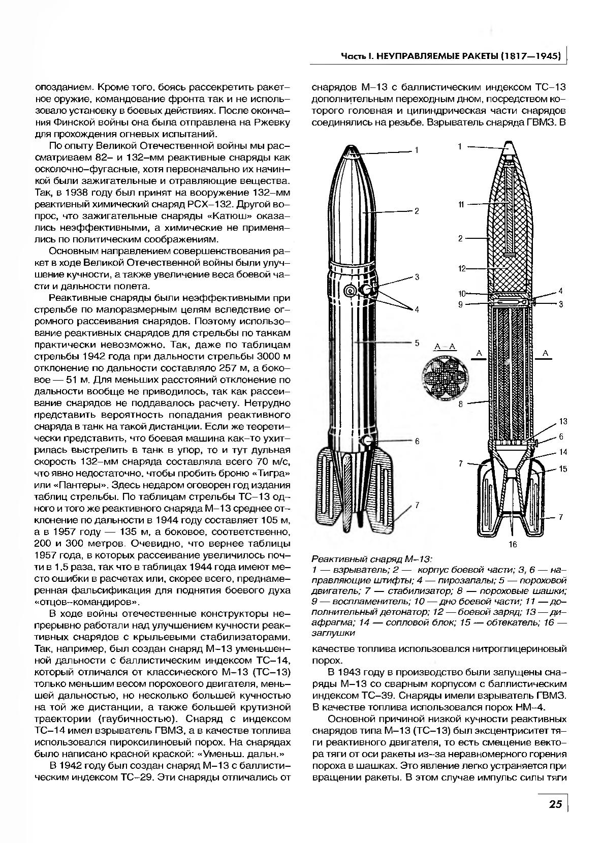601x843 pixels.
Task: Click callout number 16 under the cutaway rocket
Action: click(x=512, y=545)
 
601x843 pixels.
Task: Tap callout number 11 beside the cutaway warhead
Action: click(x=461, y=204)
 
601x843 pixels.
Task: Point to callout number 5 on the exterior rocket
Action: click(x=417, y=343)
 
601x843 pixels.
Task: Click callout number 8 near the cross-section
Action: click(x=461, y=404)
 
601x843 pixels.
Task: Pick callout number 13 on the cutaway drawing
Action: click(x=562, y=422)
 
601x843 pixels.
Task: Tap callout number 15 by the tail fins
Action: click(x=562, y=469)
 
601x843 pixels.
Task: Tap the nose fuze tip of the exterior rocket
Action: click(x=351, y=150)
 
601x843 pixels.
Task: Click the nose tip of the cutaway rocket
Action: click(x=509, y=146)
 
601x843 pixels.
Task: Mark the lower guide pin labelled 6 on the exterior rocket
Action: click(x=367, y=440)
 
